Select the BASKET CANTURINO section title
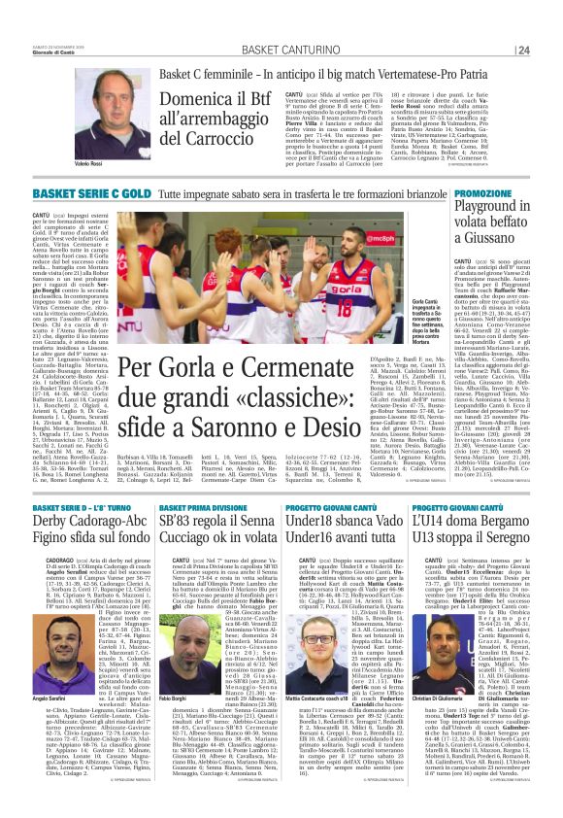click(x=281, y=50)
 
